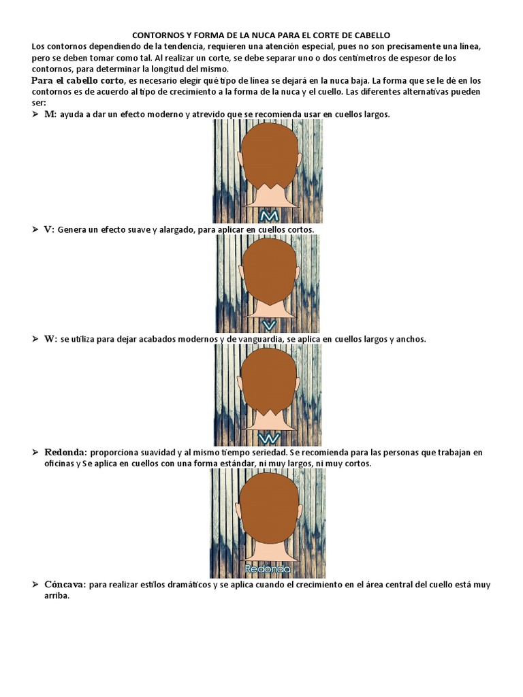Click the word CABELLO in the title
click(x=373, y=35)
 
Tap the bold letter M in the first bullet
click(x=49, y=114)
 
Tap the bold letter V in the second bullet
click(x=48, y=230)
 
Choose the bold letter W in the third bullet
click(x=50, y=339)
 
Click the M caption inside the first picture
click(x=267, y=216)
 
